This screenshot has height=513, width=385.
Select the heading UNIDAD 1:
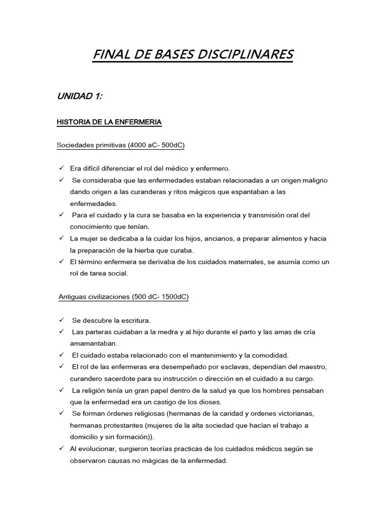click(x=80, y=97)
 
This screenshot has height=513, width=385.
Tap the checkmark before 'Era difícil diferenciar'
click(x=61, y=168)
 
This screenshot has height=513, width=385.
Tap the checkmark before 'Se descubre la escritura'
click(x=61, y=320)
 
